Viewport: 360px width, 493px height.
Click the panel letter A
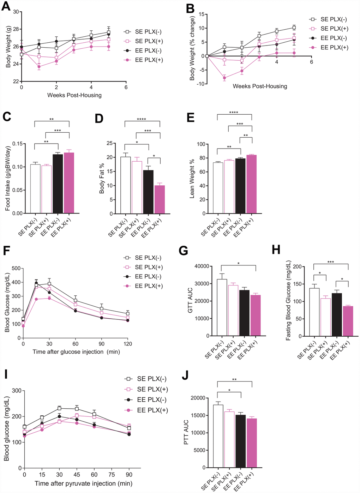(6, 6)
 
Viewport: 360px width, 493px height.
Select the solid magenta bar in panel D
(160, 199)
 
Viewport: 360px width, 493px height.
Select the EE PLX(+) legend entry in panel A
(145, 60)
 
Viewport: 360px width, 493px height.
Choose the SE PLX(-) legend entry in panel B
(330, 19)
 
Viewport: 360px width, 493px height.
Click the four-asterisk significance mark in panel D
(142, 119)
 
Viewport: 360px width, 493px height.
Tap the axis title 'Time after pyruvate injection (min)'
(80, 483)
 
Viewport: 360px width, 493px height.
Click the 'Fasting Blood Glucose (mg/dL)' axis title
(288, 300)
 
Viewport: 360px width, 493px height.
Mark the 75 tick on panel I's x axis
(112, 475)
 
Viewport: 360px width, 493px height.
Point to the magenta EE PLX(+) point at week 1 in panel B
(224, 78)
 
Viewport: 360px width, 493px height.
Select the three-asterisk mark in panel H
(331, 262)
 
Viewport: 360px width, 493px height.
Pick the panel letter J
(186, 375)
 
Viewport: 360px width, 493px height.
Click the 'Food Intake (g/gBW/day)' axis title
(8, 178)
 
